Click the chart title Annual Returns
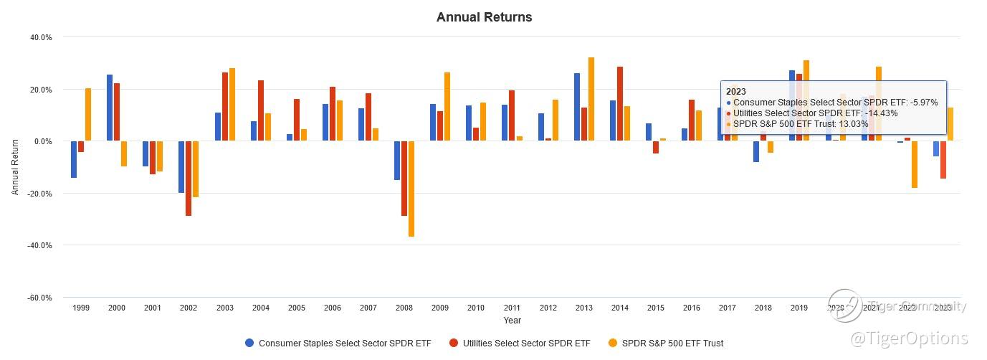click(x=484, y=17)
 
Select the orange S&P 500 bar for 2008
click(x=411, y=189)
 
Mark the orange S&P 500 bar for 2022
click(x=915, y=164)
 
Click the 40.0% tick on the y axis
click(x=40, y=37)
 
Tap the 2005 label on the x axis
click(x=297, y=308)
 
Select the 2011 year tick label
click(x=512, y=308)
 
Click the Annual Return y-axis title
click(x=15, y=167)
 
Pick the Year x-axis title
click(x=512, y=321)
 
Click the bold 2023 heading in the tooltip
click(x=736, y=91)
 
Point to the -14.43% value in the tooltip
click(x=881, y=113)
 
